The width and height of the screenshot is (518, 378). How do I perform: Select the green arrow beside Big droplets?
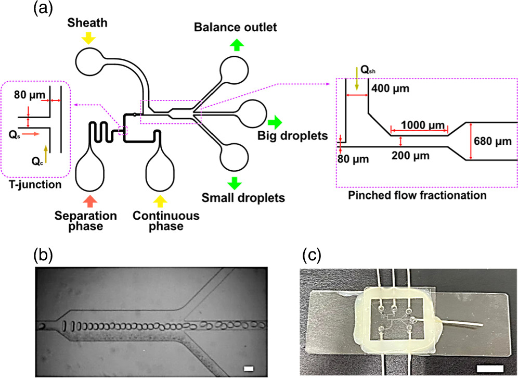point(275,123)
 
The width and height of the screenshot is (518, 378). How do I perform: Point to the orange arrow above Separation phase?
point(90,200)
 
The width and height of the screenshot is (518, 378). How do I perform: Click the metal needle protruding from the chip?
point(463,324)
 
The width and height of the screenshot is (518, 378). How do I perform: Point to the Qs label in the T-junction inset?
point(15,134)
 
